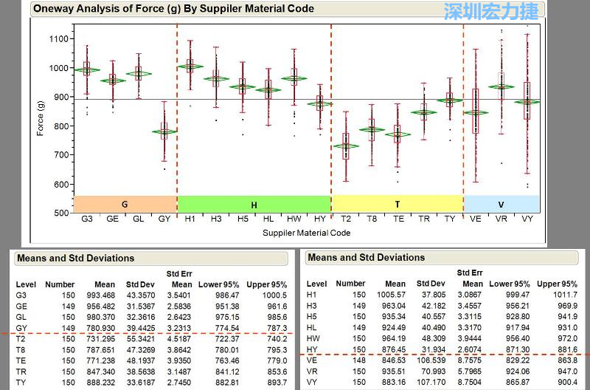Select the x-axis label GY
[x=164, y=219]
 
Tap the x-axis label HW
[x=294, y=219]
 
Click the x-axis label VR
[x=502, y=219]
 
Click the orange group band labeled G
[x=125, y=205]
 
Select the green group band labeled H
[x=254, y=205]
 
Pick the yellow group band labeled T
[x=397, y=205]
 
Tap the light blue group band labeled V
[x=502, y=205]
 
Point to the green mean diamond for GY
[x=164, y=131]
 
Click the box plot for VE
[x=476, y=111]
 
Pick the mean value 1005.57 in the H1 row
[x=391, y=294]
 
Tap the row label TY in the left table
[x=21, y=382]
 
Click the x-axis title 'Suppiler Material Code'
[x=306, y=233]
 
